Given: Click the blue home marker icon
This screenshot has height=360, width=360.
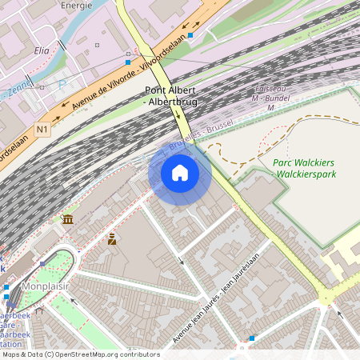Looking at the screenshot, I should pyautogui.click(x=180, y=173).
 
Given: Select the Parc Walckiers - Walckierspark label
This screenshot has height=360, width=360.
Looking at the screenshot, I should pyautogui.click(x=304, y=168).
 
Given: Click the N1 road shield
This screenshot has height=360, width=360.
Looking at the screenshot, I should pyautogui.click(x=42, y=128).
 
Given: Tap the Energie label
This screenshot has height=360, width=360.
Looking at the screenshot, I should pyautogui.click(x=76, y=4).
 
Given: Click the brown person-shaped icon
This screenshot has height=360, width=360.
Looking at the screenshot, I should pyautogui.click(x=112, y=238).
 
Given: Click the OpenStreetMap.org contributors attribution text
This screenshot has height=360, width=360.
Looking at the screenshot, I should pyautogui.click(x=104, y=354).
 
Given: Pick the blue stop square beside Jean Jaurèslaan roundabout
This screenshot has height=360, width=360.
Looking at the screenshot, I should pyautogui.click(x=252, y=338).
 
